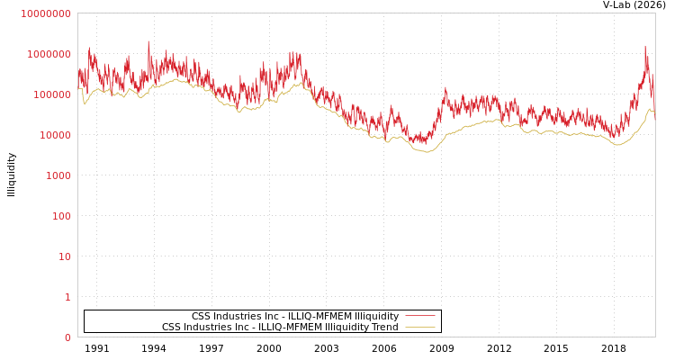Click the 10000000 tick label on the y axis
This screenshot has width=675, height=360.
click(x=45, y=13)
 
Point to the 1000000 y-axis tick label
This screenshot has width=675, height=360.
click(x=49, y=54)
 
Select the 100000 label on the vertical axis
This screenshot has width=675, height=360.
click(x=51, y=94)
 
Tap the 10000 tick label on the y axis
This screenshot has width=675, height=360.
click(x=54, y=135)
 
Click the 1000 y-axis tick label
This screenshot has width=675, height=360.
click(x=58, y=175)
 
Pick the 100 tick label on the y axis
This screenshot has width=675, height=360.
click(x=60, y=216)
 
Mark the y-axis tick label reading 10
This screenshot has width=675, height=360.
click(x=64, y=256)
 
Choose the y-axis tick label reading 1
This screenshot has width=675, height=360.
click(x=67, y=297)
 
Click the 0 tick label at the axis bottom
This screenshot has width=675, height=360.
click(x=67, y=337)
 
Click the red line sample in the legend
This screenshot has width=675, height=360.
click(x=419, y=317)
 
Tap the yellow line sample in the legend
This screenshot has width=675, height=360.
click(x=419, y=328)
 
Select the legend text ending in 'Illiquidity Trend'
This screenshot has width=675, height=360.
click(x=280, y=328)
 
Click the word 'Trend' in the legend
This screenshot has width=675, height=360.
click(x=383, y=328)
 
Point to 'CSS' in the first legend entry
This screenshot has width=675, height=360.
click(x=202, y=317)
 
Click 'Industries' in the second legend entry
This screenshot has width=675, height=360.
click(x=209, y=328)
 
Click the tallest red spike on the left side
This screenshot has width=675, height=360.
click(x=148, y=41)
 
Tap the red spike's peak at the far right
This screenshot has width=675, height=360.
click(x=645, y=46)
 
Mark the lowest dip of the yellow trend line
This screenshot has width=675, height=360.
click(x=427, y=152)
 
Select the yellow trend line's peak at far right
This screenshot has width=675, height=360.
click(x=650, y=109)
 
